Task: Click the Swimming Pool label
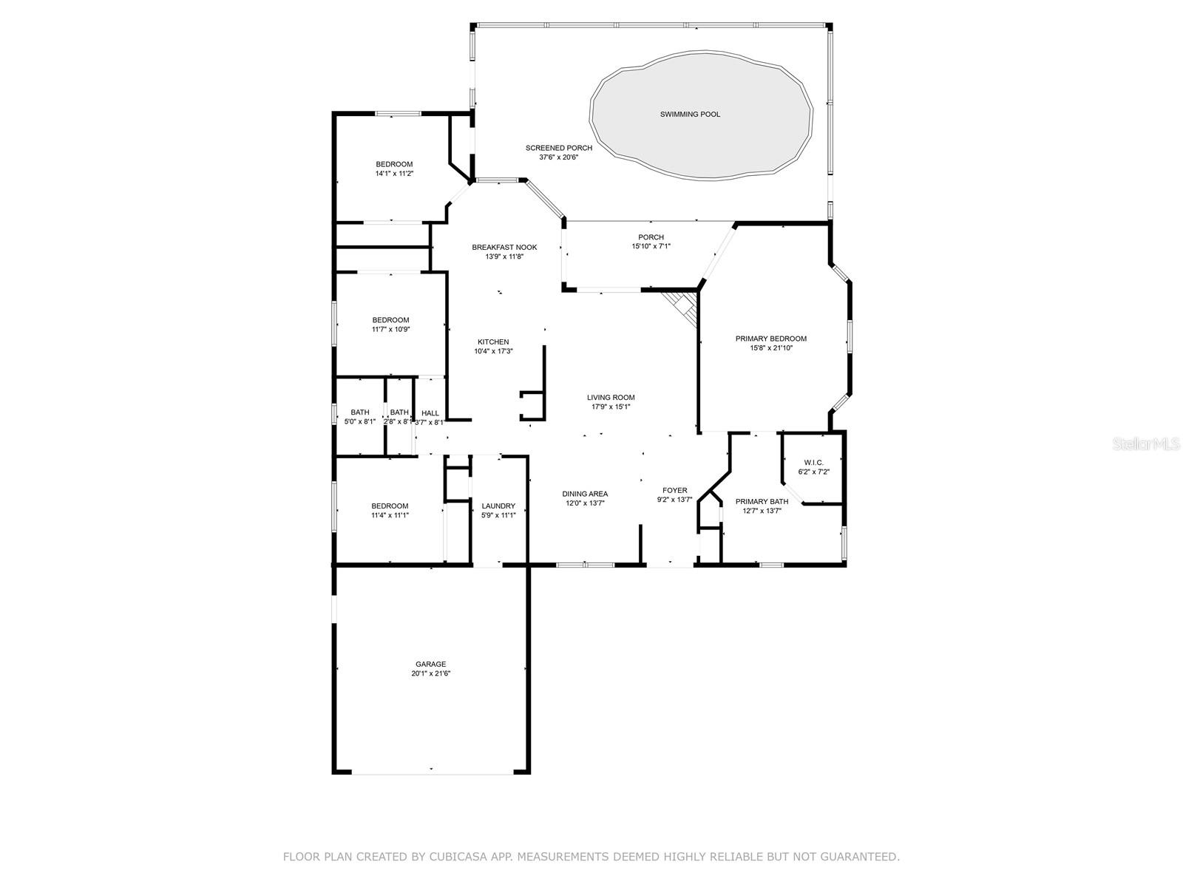690,114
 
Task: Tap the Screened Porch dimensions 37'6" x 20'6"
558,157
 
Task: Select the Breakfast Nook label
504,247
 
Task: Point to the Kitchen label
493,342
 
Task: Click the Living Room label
611,398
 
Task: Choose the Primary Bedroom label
770,339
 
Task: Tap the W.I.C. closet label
813,463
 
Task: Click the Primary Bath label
762,501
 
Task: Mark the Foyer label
675,490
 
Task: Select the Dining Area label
585,494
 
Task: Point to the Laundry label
498,506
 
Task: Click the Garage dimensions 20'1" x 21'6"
430,673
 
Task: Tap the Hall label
430,413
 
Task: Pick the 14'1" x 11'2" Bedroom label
394,164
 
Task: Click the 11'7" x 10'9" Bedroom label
390,320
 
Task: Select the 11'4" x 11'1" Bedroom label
390,506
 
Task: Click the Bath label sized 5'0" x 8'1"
360,412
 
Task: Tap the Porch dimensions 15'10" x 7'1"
651,246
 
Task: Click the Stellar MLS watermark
1146,444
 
